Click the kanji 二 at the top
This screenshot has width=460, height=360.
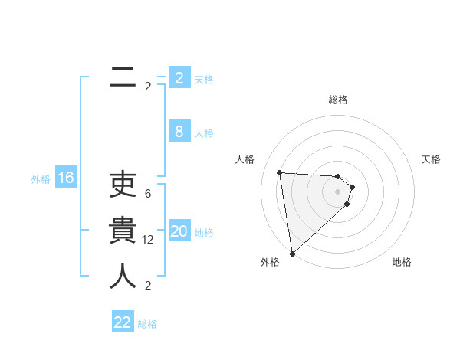coord(120,77)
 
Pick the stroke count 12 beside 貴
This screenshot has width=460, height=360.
coord(148,239)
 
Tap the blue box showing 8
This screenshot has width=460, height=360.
coord(179,132)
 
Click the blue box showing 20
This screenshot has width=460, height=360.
coord(179,231)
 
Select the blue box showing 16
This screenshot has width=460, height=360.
coord(66,178)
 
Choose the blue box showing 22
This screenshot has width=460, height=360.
coord(123,322)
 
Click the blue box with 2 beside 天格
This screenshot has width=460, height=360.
coord(179,77)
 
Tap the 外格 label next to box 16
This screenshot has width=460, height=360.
coord(41,179)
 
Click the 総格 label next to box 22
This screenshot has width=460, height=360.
coord(147,324)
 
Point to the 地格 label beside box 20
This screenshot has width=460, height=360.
coord(204,233)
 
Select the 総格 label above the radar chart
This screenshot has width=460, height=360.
coord(338,100)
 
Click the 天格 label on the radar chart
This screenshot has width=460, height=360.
coord(432,159)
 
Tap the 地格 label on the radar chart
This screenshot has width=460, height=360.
coord(402,262)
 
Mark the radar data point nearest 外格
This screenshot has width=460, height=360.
coord(292,253)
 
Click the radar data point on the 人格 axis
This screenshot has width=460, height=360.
coord(279,172)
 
